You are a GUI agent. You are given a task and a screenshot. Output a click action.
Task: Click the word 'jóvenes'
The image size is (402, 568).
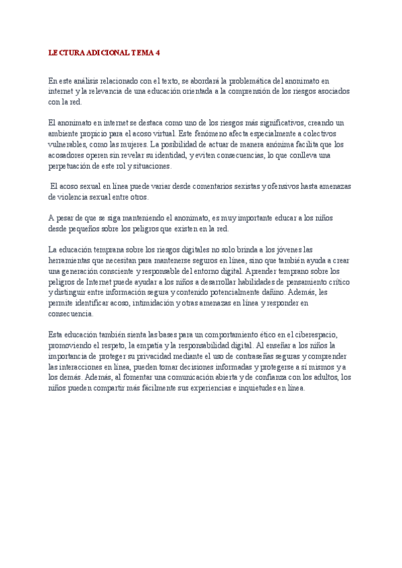289,250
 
